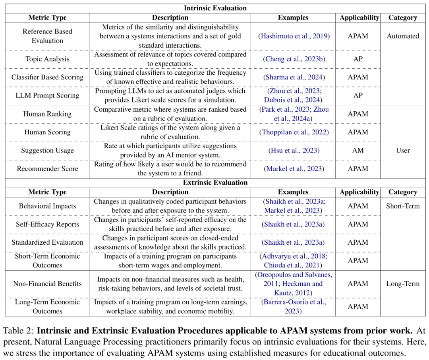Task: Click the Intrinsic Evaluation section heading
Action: tap(215, 8)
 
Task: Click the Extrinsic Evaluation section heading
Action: tap(215, 183)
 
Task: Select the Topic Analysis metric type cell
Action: tap(47, 59)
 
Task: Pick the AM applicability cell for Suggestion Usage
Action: tap(358, 150)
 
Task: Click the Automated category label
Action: tap(403, 36)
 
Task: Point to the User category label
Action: tap(403, 150)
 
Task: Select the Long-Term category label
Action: tap(403, 284)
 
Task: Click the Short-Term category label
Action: tap(403, 206)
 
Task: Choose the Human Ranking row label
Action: tap(47, 114)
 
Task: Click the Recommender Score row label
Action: tap(47, 168)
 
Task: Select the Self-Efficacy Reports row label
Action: tap(47, 224)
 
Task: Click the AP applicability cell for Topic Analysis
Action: tap(358, 59)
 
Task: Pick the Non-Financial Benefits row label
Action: tap(47, 284)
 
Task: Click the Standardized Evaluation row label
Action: tap(47, 242)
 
